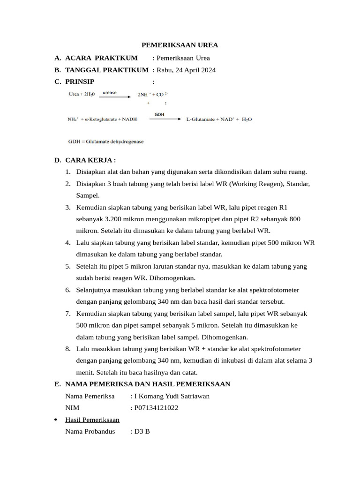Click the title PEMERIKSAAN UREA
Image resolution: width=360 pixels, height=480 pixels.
point(180,45)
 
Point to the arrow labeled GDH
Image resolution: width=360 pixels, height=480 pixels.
point(165,119)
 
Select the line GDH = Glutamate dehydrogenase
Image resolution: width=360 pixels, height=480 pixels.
point(106,141)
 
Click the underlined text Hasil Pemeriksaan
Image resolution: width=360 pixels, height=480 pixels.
point(92,420)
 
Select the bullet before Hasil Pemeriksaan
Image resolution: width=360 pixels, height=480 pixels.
point(57,420)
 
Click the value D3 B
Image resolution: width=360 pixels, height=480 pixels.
point(142,432)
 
